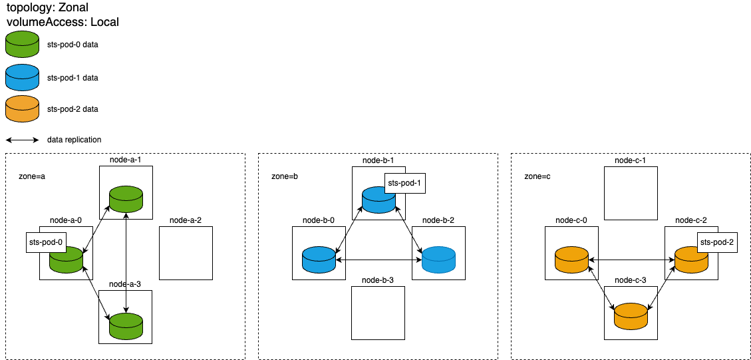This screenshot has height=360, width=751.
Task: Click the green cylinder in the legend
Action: point(22,44)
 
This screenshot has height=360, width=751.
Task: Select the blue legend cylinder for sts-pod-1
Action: point(22,77)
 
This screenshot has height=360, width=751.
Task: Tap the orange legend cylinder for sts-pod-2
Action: point(22,108)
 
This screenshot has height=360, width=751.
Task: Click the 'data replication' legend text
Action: point(74,140)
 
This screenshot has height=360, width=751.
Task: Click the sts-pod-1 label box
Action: point(405,183)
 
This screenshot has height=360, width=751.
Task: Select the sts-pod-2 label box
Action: point(718,243)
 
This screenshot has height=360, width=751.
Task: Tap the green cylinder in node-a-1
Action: point(126,200)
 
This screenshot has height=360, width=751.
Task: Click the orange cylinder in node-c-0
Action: point(571,260)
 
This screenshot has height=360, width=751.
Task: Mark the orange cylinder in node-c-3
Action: point(631,315)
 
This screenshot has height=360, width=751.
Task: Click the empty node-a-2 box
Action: point(186,253)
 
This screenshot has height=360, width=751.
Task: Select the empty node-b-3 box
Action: point(378,313)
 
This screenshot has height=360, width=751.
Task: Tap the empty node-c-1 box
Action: point(631,193)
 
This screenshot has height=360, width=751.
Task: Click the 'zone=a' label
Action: point(32,176)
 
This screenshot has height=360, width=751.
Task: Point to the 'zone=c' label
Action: point(537,176)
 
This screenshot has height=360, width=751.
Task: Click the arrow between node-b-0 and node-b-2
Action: point(378,260)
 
